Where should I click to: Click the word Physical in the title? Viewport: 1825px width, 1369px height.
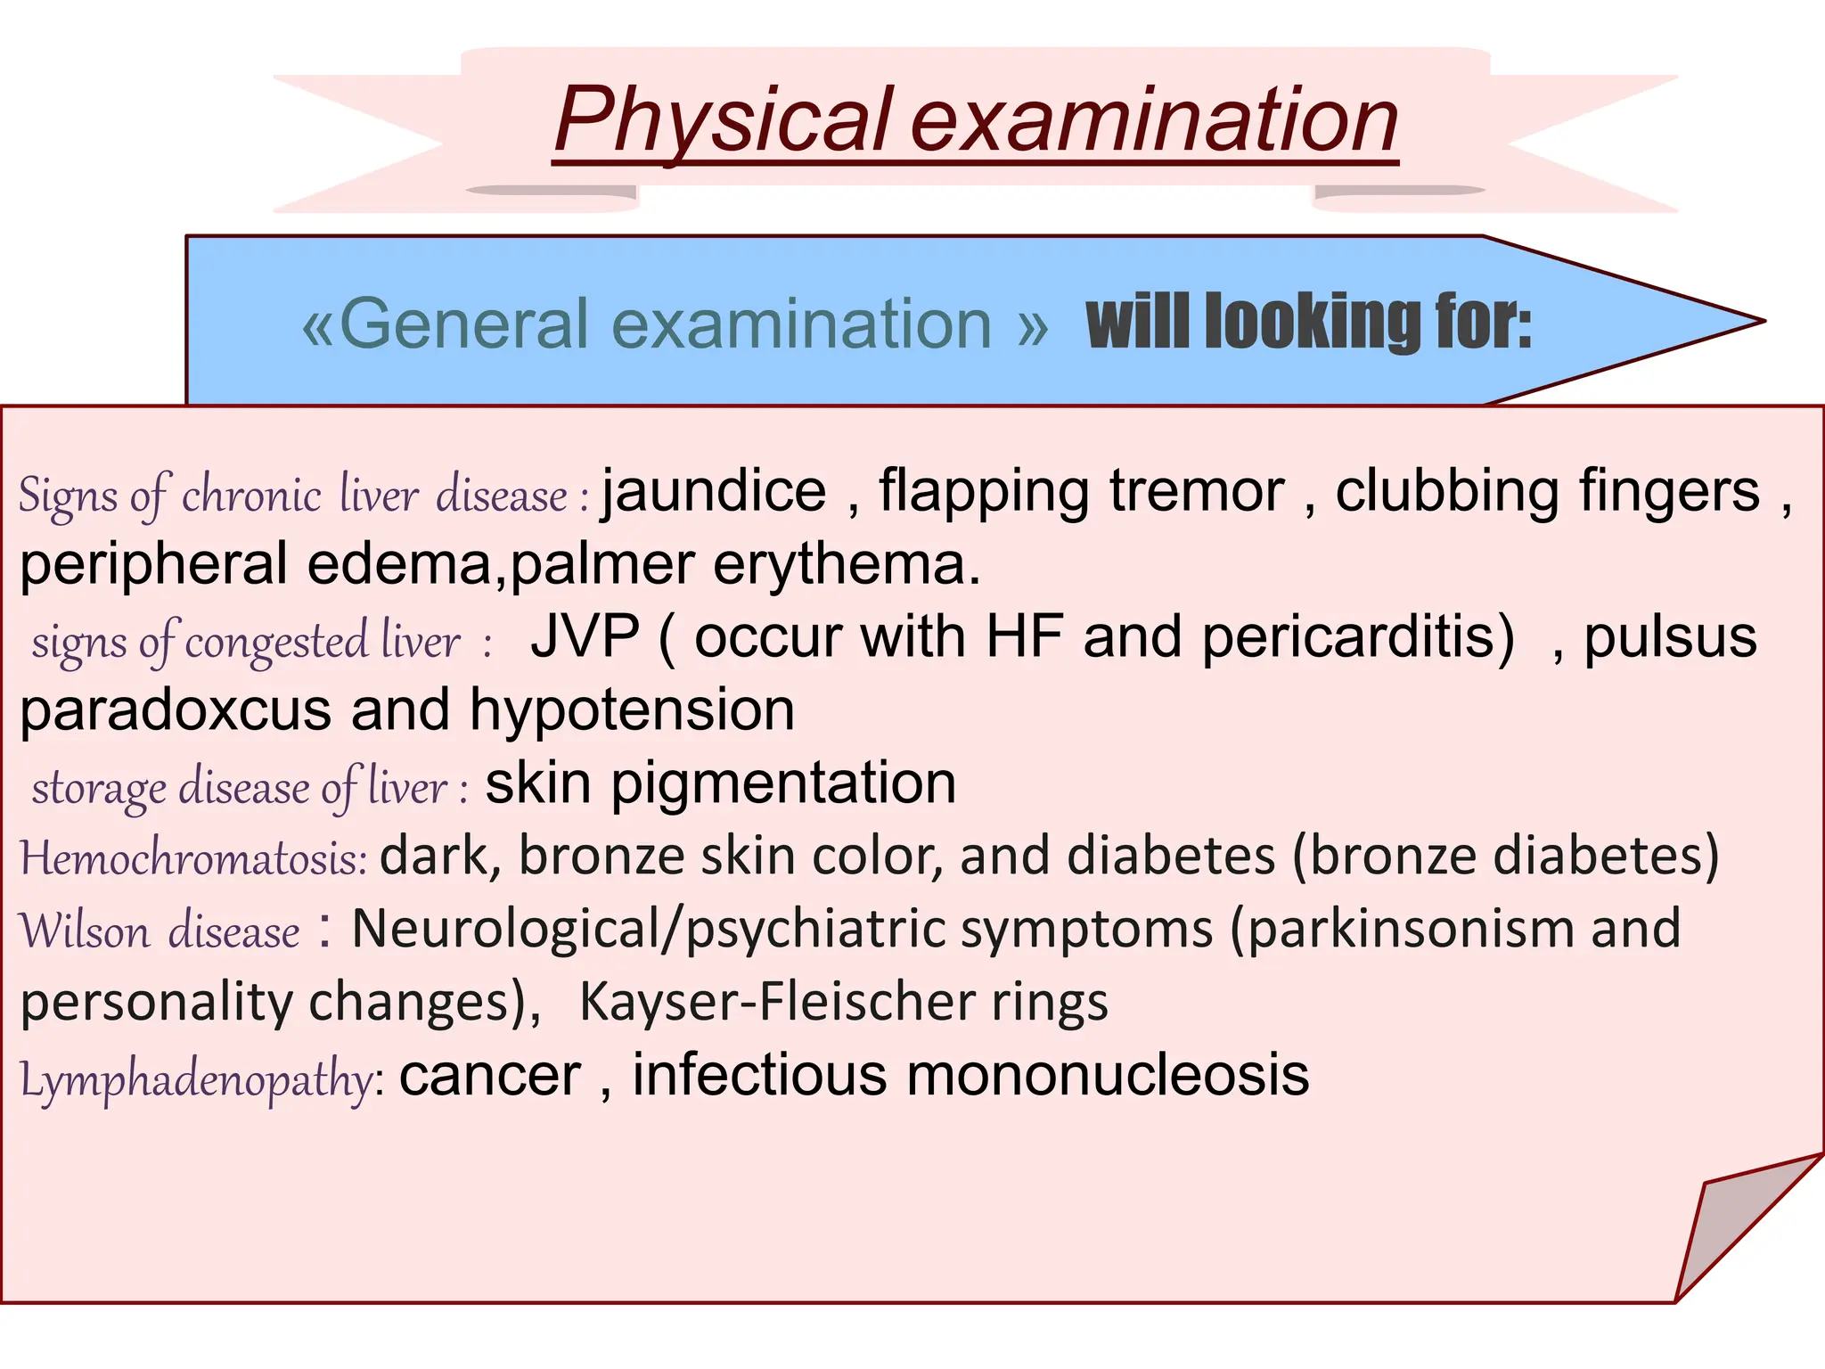click(722, 120)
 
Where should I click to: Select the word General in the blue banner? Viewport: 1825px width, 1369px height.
click(463, 324)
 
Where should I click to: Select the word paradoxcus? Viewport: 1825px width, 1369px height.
click(175, 711)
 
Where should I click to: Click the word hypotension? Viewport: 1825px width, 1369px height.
click(632, 711)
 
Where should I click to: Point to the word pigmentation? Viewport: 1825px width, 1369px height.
click(782, 784)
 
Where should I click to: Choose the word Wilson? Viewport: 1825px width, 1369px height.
click(85, 931)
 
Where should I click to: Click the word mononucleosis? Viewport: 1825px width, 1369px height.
click(1107, 1076)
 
